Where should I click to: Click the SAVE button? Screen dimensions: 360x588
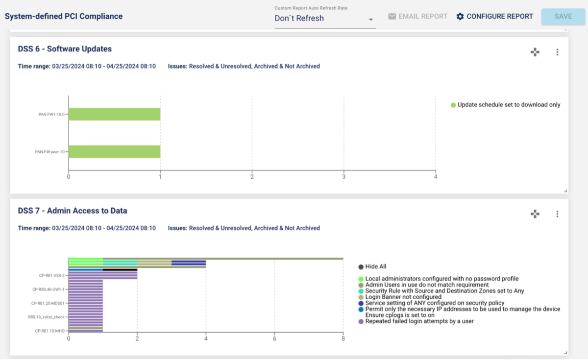pos(563,17)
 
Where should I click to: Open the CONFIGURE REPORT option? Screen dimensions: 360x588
pos(494,17)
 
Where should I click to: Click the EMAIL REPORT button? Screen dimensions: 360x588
pos(417,17)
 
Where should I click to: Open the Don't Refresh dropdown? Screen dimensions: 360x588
pos(325,19)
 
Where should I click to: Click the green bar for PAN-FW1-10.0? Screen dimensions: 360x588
pos(114,114)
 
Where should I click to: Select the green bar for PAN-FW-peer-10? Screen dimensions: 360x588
pos(114,151)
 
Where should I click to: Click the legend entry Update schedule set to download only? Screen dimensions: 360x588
pos(509,105)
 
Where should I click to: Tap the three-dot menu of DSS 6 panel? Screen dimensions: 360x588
pos(557,52)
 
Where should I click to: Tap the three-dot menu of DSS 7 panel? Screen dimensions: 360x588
pos(557,214)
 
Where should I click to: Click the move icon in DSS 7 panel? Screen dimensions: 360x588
pos(535,214)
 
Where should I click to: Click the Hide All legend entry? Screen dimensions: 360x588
pos(375,267)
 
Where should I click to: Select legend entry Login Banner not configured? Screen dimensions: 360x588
pos(403,297)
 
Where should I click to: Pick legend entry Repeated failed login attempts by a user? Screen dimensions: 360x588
pos(419,321)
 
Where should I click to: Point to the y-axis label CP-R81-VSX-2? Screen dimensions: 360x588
pos(52,275)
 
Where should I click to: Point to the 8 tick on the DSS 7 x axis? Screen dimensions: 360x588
pos(343,339)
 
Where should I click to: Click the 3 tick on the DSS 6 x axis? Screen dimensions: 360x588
pos(344,177)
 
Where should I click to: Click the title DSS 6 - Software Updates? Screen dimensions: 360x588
pos(65,49)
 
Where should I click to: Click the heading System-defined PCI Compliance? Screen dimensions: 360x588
pos(64,17)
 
